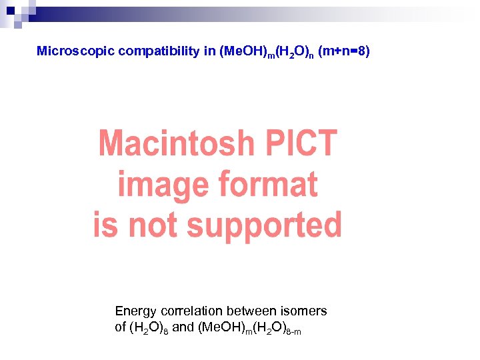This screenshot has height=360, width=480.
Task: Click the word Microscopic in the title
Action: tap(76, 51)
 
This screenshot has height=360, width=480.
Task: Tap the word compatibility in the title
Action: tap(159, 51)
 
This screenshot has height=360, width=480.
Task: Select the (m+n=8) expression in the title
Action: tap(343, 51)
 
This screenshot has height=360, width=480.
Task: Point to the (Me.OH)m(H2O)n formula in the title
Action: tap(266, 52)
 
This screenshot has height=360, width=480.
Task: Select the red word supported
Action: tap(265, 225)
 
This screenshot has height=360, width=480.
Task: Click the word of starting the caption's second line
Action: tap(121, 328)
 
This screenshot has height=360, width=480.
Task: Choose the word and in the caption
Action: tap(183, 328)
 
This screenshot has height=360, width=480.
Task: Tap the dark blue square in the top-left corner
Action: tap(11, 11)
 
